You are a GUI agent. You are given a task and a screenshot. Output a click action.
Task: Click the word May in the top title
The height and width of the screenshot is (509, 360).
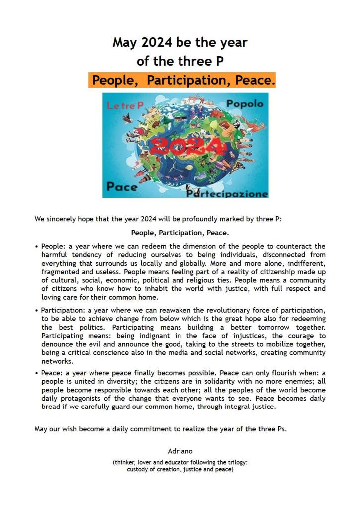tap(125, 42)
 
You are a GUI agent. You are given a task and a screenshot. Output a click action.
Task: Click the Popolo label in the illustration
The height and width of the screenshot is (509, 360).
tap(244, 104)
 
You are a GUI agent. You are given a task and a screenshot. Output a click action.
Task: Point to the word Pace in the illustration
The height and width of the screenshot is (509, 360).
tap(122, 187)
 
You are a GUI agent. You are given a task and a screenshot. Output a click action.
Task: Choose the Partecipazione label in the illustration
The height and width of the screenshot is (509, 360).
tap(228, 193)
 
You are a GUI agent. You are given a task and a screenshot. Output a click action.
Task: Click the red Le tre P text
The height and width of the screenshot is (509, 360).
tap(125, 105)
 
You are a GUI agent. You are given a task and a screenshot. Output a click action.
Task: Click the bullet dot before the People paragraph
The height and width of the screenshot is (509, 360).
tap(37, 246)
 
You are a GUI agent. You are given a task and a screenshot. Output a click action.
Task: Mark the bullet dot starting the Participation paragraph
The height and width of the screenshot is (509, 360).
tap(37, 311)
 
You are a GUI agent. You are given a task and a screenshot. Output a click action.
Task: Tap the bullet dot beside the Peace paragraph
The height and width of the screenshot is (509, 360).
tap(37, 372)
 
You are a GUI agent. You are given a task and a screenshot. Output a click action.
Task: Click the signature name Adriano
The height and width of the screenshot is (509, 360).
tap(180, 452)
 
